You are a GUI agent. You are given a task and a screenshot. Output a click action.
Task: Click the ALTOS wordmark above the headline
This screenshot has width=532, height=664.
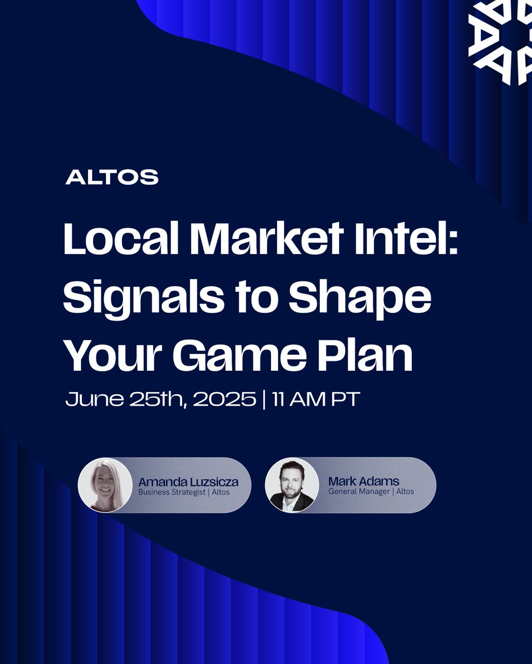112,178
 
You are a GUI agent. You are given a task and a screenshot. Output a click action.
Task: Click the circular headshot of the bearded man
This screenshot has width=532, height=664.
292,485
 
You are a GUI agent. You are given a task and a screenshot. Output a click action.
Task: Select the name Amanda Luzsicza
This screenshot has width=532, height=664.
188,481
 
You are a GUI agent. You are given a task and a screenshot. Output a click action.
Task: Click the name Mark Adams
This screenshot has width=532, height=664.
364,481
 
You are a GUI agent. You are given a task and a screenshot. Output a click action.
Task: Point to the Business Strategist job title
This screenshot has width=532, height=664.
171,491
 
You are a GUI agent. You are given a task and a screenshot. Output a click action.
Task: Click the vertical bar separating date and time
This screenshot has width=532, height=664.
263,400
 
